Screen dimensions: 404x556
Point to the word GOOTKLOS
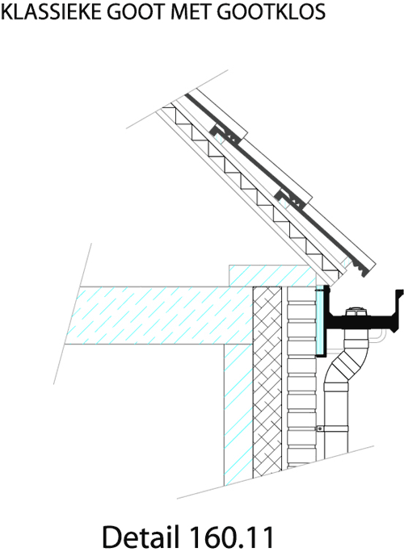(x=271, y=12)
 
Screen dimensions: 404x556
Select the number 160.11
(x=232, y=537)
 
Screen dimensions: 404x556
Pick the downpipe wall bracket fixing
(x=320, y=428)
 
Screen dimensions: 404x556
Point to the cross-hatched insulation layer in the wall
(x=267, y=379)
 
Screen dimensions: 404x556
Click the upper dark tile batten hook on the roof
(x=225, y=132)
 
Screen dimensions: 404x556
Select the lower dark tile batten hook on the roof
(x=290, y=198)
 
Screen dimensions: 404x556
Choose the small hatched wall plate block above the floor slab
(x=272, y=275)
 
